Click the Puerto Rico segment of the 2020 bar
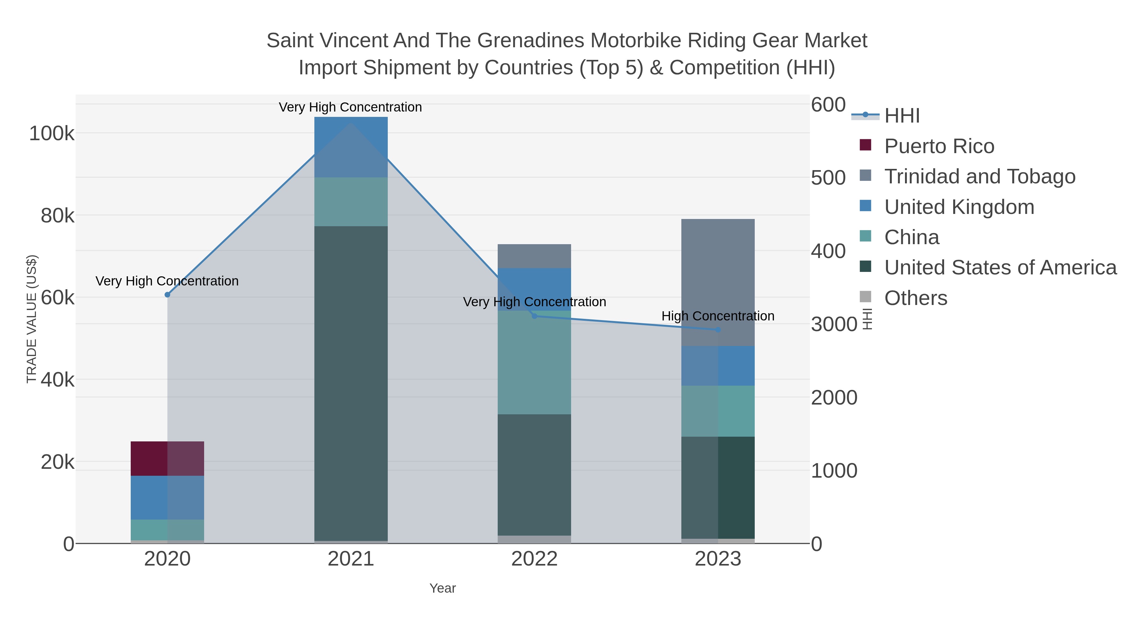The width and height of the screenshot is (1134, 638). pyautogui.click(x=167, y=458)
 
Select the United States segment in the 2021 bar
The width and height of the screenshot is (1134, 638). pyautogui.click(x=351, y=383)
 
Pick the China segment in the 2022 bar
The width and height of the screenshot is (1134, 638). pyautogui.click(x=534, y=362)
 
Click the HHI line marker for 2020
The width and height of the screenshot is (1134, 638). pyautogui.click(x=167, y=295)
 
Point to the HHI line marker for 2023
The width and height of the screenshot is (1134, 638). pyautogui.click(x=718, y=330)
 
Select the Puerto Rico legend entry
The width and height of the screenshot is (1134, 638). pyautogui.click(x=939, y=146)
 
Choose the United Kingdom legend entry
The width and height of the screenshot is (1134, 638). pyautogui.click(x=959, y=207)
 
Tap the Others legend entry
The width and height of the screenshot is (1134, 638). pyautogui.click(x=916, y=298)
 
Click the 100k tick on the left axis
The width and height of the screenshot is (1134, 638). pyautogui.click(x=52, y=133)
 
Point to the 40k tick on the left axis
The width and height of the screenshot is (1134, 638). pyautogui.click(x=58, y=380)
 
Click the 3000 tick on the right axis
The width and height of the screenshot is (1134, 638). pyautogui.click(x=834, y=325)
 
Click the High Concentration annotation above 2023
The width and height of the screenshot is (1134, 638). pyautogui.click(x=718, y=316)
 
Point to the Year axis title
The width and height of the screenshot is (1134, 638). pyautogui.click(x=443, y=588)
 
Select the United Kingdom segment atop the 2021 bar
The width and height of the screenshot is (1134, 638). pyautogui.click(x=351, y=147)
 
